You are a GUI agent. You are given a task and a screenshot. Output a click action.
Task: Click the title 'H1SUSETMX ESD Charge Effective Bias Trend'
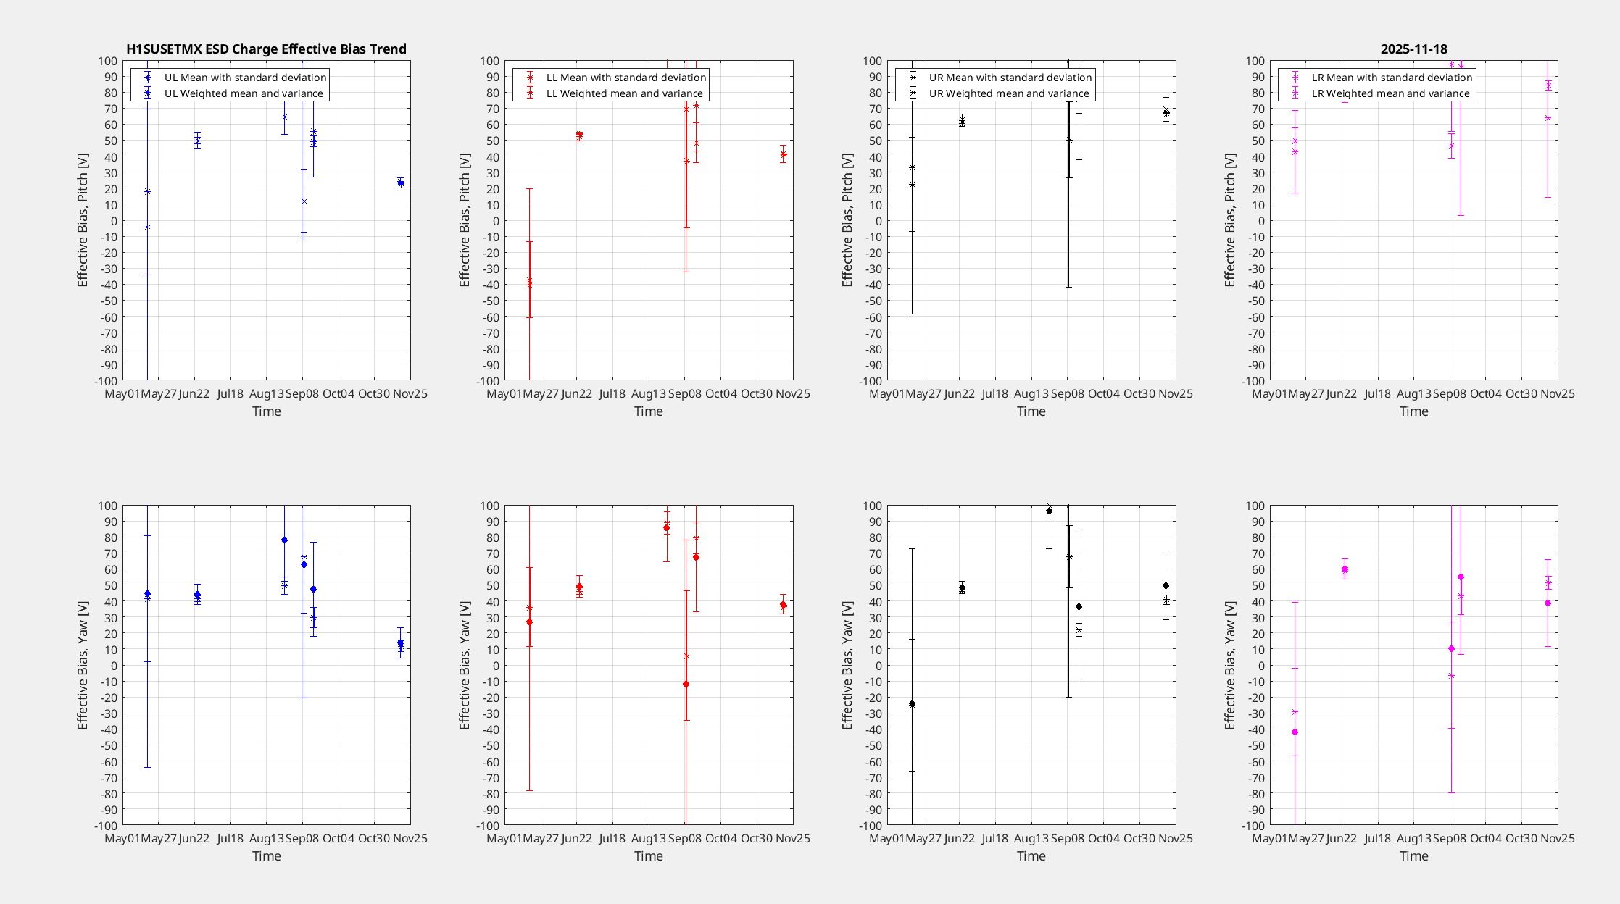click(x=266, y=49)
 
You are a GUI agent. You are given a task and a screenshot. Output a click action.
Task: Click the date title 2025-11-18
click(x=1413, y=49)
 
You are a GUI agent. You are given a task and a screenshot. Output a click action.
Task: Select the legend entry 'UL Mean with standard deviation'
click(x=245, y=78)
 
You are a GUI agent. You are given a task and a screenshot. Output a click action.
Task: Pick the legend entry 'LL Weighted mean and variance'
click(x=624, y=93)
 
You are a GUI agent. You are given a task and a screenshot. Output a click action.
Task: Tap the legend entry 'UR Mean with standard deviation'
click(x=1010, y=78)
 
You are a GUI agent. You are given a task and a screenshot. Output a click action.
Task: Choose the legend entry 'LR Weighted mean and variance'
click(x=1390, y=93)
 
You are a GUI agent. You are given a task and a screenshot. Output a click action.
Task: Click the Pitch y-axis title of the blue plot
click(x=83, y=220)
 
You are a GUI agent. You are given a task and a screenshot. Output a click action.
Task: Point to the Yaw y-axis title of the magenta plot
click(x=1230, y=665)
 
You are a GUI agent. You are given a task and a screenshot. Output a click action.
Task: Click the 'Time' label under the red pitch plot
click(x=649, y=411)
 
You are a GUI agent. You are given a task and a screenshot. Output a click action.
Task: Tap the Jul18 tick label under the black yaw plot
click(x=994, y=838)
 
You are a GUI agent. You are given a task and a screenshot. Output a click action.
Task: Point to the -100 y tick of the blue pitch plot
click(x=106, y=381)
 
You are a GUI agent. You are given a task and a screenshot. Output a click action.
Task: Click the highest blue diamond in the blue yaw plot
click(x=284, y=540)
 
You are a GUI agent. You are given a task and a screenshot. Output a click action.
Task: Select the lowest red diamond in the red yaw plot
click(x=686, y=684)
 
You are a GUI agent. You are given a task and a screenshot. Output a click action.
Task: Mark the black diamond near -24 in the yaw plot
click(x=912, y=703)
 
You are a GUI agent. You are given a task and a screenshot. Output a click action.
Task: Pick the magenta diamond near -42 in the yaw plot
click(x=1295, y=732)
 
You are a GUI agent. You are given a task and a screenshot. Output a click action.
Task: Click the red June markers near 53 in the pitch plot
click(x=579, y=135)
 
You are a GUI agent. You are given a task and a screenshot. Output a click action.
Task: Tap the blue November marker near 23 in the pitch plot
click(x=401, y=183)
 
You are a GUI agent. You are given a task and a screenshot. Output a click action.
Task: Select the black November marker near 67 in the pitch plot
click(x=1166, y=112)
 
